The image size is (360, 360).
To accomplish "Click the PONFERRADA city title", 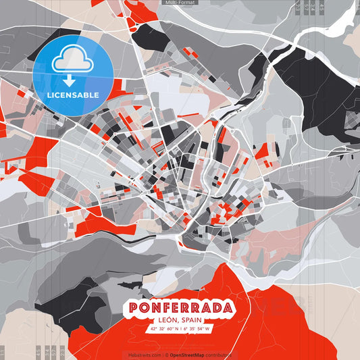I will click(x=180, y=309).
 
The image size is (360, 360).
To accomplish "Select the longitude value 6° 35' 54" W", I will click(x=197, y=329).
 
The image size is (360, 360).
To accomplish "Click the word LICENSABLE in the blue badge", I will click(x=72, y=95).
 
